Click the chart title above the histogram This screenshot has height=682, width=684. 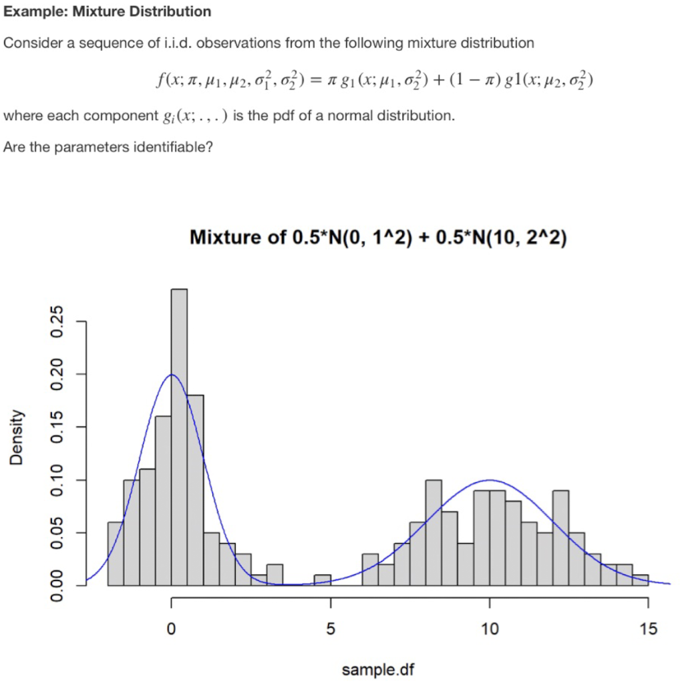pyautogui.click(x=379, y=237)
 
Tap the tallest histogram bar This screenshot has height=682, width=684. pyautogui.click(x=179, y=434)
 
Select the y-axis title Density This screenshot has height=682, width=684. pyautogui.click(x=15, y=438)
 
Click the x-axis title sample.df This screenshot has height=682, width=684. pyautogui.click(x=378, y=669)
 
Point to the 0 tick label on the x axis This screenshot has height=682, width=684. pyautogui.click(x=172, y=629)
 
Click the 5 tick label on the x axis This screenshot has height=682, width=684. pyautogui.click(x=331, y=629)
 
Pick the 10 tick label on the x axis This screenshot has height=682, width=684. pyautogui.click(x=490, y=629)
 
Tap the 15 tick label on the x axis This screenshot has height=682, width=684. pyautogui.click(x=649, y=629)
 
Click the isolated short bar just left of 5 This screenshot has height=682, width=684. pyautogui.click(x=323, y=580)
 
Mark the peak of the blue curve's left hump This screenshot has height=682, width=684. pyautogui.click(x=172, y=374)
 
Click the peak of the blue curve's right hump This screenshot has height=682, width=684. pyautogui.click(x=490, y=480)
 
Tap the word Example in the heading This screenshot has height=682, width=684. pyautogui.click(x=32, y=11)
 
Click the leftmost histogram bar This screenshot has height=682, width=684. pyautogui.click(x=116, y=554)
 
